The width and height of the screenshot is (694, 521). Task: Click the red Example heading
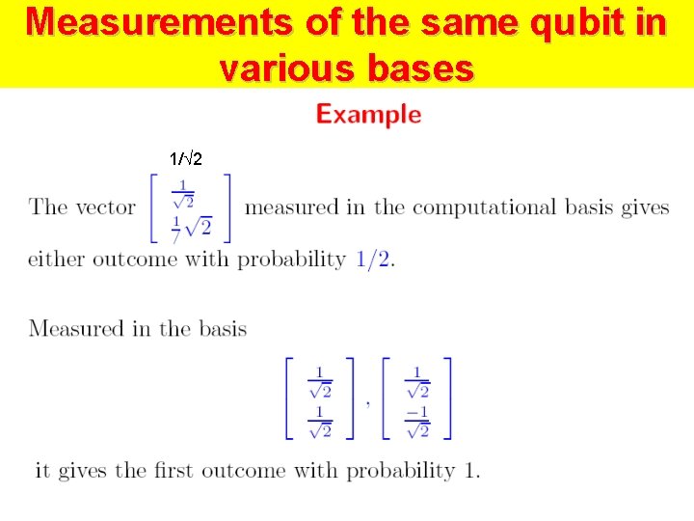[x=369, y=115]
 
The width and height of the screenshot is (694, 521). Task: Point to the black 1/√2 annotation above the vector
[x=186, y=159]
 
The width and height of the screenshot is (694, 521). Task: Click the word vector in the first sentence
[x=105, y=207]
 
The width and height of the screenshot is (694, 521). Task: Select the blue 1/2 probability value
[x=374, y=260]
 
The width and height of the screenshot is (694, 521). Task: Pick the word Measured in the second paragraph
[x=75, y=329]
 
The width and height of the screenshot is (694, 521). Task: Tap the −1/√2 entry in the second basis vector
[x=417, y=422]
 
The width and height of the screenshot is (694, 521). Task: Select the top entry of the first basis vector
[x=320, y=381]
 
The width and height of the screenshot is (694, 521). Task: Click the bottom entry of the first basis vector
[x=320, y=422]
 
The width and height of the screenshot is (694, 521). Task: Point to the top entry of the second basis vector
[x=417, y=381]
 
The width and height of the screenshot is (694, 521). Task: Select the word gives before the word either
[x=645, y=207]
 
